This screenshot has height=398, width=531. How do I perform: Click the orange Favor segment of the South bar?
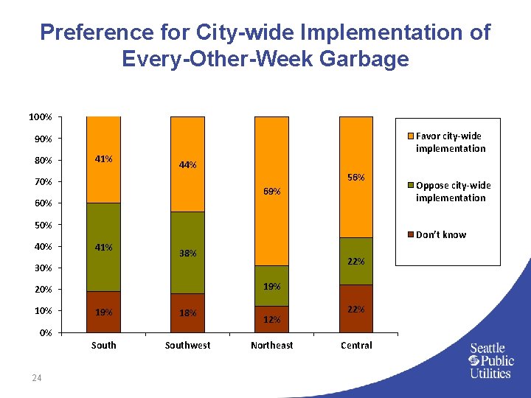pos(103,159)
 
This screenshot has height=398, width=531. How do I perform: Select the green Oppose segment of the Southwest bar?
pos(187,252)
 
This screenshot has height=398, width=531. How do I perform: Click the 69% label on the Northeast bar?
pos(271,192)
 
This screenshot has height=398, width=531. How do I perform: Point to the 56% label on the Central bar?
pos(355,178)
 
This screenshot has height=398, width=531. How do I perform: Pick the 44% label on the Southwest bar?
pos(187,165)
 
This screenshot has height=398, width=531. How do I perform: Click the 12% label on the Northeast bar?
pos(271,321)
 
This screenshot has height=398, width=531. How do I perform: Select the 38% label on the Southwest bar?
pos(187,254)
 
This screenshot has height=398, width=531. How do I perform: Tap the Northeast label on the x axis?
pos(271,345)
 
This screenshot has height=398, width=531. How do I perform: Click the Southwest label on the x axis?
pos(187,345)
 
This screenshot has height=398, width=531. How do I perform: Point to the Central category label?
pos(355,345)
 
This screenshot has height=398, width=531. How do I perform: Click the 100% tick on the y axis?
pos(40,116)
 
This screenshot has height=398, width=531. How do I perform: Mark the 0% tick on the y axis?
pos(44,332)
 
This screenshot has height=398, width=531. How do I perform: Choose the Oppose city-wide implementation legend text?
pos(452,192)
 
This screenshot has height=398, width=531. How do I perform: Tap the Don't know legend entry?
pos(441,234)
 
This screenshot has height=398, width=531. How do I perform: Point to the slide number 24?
pos(37,379)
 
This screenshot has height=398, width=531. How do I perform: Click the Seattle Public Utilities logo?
pos(490,360)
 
